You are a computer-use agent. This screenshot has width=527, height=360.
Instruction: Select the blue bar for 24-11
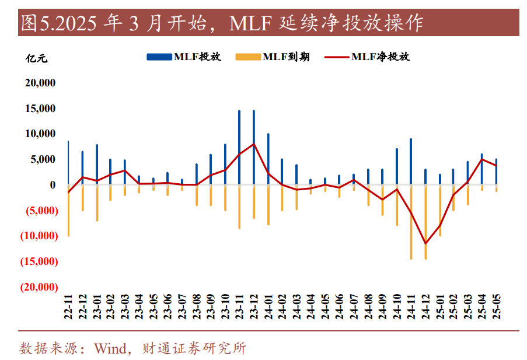click(411, 161)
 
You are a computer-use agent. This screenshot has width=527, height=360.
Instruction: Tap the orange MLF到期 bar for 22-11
click(68, 210)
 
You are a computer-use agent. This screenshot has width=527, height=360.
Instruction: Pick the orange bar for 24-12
click(425, 222)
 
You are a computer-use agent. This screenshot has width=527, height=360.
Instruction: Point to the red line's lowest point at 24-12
click(425, 243)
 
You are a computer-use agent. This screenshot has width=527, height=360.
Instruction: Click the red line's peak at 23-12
click(253, 144)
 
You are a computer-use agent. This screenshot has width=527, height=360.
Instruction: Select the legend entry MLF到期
click(273, 57)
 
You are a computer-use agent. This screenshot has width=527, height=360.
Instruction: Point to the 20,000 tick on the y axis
click(40, 83)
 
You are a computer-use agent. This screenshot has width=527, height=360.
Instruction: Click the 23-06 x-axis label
click(168, 306)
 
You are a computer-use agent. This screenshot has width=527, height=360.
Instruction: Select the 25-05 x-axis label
click(497, 306)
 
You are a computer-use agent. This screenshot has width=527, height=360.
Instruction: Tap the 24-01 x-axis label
click(268, 306)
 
